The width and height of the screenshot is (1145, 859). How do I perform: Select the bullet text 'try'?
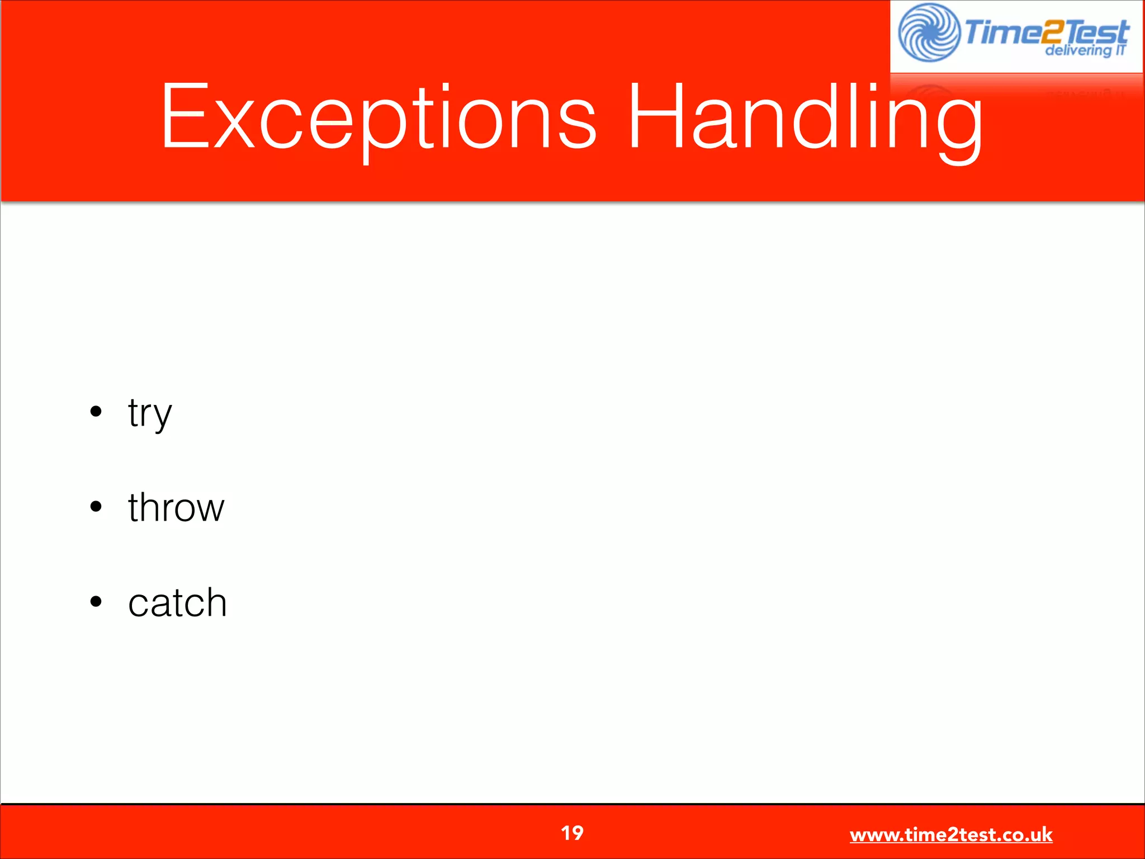150,413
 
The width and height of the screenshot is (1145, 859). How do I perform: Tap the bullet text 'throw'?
176,507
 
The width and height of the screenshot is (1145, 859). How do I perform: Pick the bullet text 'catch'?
177,603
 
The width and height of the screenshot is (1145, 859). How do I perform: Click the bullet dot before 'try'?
96,412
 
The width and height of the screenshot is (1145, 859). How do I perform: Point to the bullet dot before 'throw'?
96,507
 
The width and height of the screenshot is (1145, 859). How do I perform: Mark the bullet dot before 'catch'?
96,602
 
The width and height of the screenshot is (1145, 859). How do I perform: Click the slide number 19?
572,833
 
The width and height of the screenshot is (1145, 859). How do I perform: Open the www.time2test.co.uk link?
951,835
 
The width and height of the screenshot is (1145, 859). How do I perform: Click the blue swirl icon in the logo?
929,32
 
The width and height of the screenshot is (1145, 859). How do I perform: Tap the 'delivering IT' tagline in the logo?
1085,50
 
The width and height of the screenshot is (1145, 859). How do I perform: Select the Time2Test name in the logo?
1045,31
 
